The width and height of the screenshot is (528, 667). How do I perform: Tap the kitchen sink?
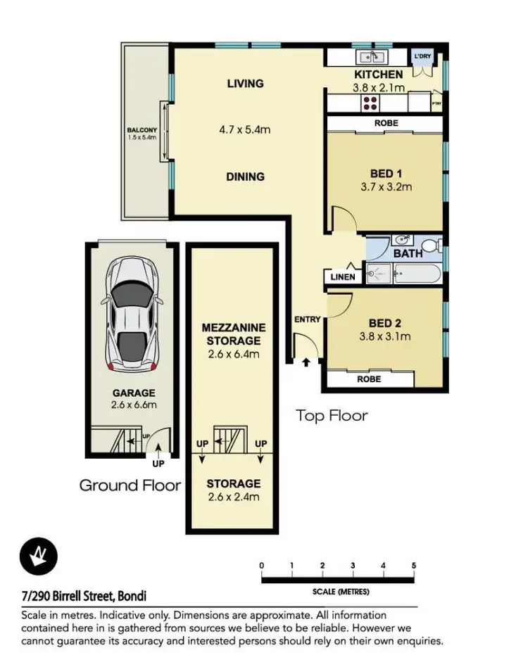coord(370,58)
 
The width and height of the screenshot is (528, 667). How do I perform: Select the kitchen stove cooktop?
coord(370,103)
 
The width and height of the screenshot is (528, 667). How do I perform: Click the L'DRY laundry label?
coord(422,56)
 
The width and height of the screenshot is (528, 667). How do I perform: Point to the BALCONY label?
coord(141,130)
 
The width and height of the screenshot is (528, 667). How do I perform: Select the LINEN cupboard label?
coord(343,277)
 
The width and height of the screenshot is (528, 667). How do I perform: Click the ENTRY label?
coord(307,319)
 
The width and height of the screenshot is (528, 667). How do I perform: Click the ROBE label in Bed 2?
coord(369,379)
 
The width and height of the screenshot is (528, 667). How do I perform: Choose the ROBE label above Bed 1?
coord(386,123)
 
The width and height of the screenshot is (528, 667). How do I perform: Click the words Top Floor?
coord(332,415)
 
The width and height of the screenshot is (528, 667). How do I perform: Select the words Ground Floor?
coord(130,485)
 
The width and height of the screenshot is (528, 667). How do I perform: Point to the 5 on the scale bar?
coord(414,566)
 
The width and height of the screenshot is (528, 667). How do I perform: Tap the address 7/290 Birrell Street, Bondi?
coord(84,597)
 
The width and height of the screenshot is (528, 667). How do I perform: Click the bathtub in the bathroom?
coord(417,272)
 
